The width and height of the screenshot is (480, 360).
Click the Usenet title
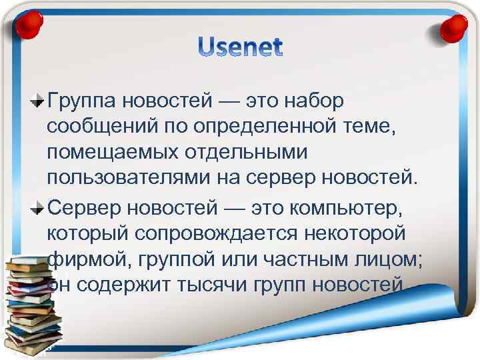[240, 48]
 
